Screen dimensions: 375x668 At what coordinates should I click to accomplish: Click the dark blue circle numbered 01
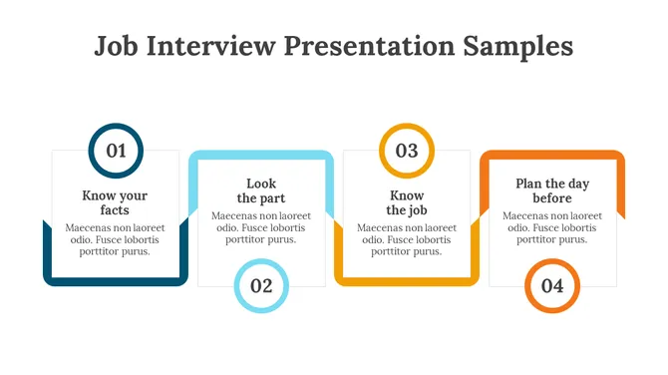tap(116, 151)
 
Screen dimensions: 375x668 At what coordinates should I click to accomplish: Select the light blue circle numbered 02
tap(261, 286)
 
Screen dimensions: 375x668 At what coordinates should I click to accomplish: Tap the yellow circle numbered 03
tap(407, 151)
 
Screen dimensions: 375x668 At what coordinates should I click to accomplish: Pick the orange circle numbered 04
tap(552, 286)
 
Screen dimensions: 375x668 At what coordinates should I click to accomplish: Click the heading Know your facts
tap(115, 203)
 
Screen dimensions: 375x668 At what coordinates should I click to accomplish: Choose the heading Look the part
tap(261, 190)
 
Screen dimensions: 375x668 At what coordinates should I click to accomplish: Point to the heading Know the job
tap(407, 203)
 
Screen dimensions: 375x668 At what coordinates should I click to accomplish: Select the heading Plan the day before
tap(552, 190)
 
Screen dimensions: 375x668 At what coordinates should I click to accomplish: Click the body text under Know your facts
tap(115, 239)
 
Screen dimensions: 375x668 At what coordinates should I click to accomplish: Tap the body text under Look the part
tap(261, 227)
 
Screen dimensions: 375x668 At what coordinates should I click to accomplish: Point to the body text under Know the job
tap(407, 239)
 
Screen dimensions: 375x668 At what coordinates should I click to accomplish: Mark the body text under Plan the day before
tap(552, 227)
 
